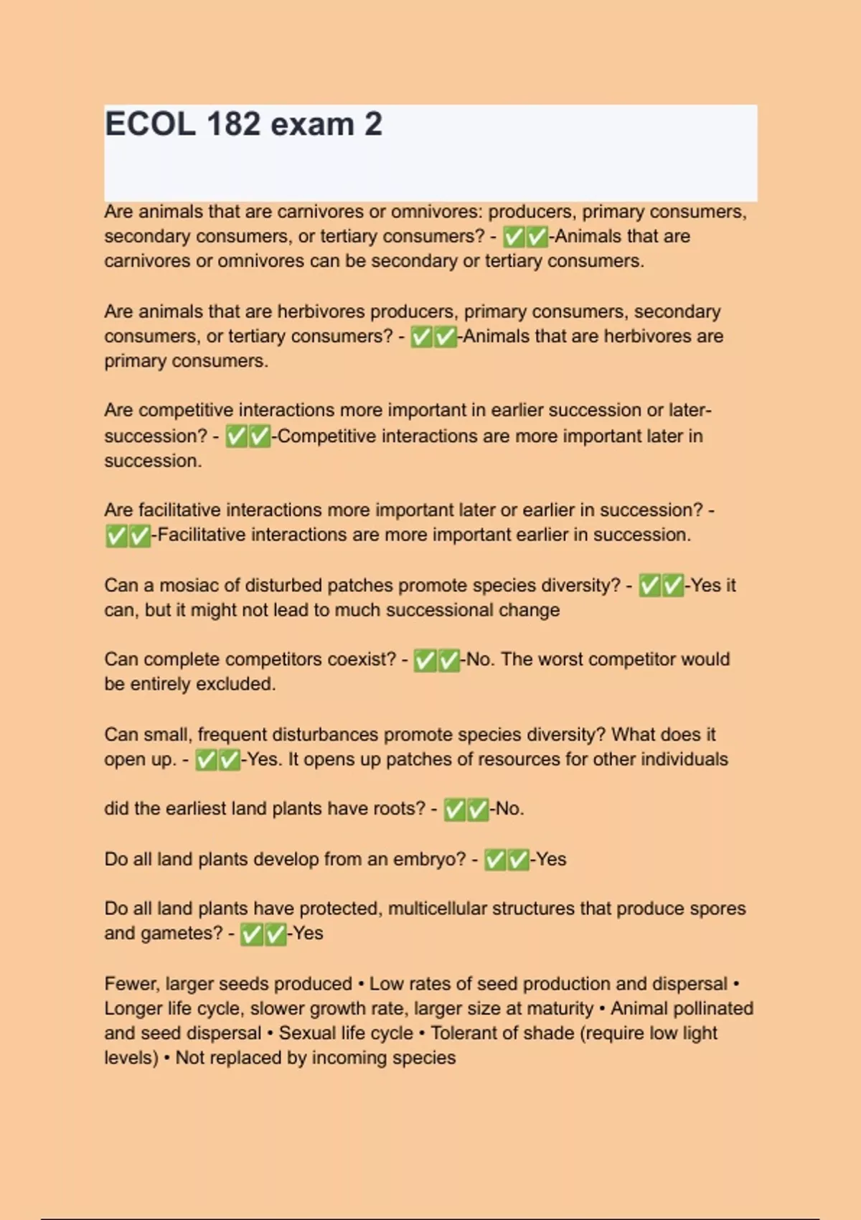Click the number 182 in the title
233,124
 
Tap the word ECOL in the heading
150,124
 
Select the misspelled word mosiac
188,586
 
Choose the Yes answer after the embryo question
551,859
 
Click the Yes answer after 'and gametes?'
308,934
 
